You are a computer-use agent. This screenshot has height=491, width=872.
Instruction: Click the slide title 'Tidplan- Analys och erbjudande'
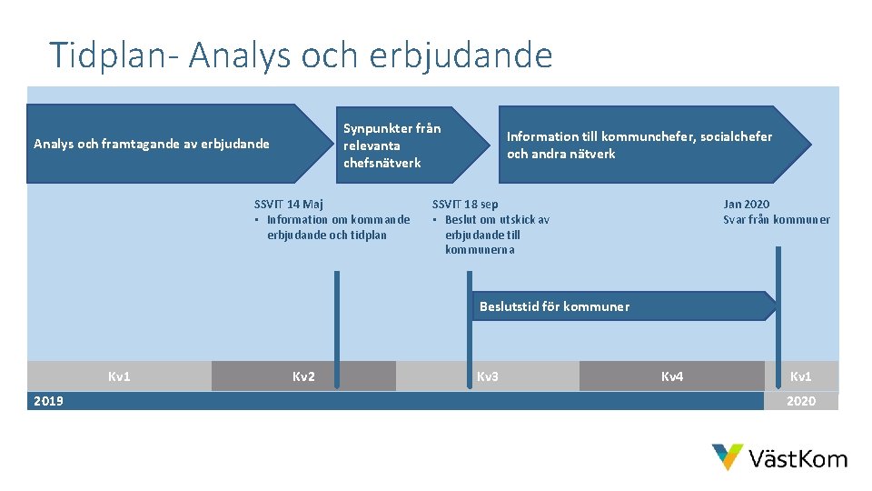click(301, 55)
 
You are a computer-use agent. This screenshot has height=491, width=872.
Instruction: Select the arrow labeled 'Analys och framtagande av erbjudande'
click(152, 144)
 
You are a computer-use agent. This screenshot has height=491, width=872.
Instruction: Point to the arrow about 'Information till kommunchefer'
click(639, 145)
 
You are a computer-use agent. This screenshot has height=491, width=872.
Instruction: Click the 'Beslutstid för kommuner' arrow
click(554, 306)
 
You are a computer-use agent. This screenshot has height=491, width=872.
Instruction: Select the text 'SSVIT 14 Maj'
click(288, 204)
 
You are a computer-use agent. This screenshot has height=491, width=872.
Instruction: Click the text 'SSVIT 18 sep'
click(465, 204)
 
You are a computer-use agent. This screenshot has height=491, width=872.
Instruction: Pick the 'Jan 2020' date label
click(746, 204)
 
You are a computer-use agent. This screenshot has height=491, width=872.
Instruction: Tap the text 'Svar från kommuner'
click(776, 219)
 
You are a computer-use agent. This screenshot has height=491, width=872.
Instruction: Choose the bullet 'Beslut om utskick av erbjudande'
click(495, 235)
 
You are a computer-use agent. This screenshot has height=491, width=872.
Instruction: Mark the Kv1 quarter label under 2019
click(119, 376)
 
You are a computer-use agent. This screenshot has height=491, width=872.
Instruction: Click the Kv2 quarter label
click(303, 376)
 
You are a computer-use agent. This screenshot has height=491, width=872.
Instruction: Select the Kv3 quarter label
click(488, 376)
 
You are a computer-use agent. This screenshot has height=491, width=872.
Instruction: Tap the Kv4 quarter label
click(672, 376)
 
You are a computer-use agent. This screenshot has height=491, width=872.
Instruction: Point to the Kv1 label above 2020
click(801, 376)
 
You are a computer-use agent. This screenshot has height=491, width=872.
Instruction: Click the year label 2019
click(48, 401)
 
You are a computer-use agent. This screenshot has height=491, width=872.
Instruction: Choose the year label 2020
click(801, 401)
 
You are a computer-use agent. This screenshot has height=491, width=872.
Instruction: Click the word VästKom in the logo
click(798, 459)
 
